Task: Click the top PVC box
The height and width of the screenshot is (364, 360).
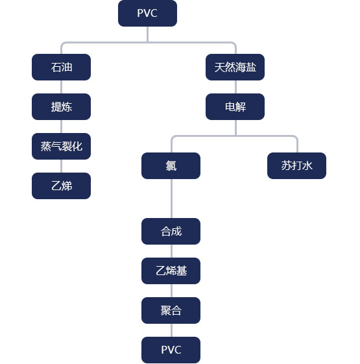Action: coord(147,13)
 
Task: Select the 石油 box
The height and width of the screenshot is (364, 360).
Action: coord(61,67)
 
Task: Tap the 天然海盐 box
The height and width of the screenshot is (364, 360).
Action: coord(235,67)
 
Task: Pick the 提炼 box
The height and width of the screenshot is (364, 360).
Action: coord(61,107)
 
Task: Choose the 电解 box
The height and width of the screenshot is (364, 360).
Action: coord(235,107)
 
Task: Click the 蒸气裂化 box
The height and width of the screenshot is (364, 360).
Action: coord(61,146)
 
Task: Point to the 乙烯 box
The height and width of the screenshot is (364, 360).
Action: coord(61,186)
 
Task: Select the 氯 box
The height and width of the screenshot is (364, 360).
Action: coord(171,165)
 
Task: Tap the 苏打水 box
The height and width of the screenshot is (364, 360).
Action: coord(296,165)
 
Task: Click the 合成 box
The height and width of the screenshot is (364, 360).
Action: coord(171,231)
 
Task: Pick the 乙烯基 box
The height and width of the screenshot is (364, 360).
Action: coord(171,271)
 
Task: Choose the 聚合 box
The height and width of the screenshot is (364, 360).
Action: coord(171,310)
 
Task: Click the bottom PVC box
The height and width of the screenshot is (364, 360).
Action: coord(171,350)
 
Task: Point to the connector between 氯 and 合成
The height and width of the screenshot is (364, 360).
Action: coord(171,199)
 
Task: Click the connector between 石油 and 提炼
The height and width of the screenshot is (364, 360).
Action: coord(61,87)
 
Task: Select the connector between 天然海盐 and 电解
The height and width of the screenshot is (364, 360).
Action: coord(236,87)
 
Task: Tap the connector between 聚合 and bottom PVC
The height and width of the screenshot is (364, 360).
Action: coord(171,330)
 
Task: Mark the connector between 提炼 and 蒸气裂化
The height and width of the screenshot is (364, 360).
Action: coord(61,127)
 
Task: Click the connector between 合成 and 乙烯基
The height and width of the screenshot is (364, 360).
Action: coord(171,251)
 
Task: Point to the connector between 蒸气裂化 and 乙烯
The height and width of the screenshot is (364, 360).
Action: coord(61,166)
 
